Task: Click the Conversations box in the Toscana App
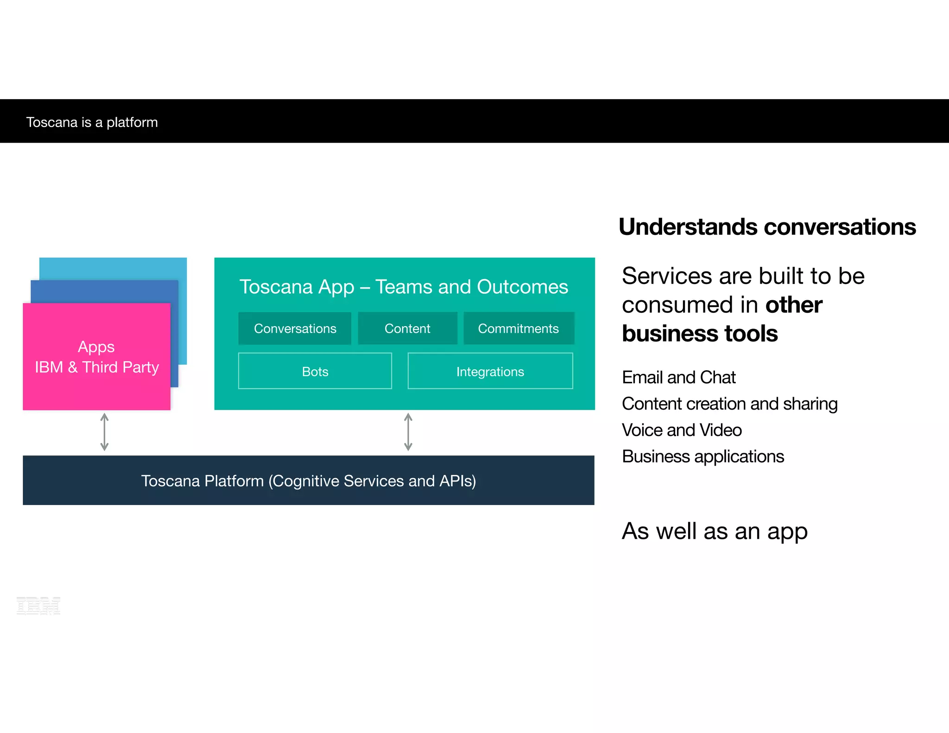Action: [295, 329]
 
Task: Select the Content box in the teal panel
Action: [407, 329]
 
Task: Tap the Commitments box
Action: [519, 329]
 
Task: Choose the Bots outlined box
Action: [315, 371]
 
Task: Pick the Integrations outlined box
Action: [490, 371]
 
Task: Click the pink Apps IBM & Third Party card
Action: [96, 357]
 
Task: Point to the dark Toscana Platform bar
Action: [309, 480]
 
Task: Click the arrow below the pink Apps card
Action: [105, 432]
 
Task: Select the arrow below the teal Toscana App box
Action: [408, 432]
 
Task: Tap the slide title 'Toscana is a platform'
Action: [92, 122]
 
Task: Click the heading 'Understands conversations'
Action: [767, 227]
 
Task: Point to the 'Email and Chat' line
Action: [679, 378]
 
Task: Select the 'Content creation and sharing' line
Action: [730, 404]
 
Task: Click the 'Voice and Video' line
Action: [682, 430]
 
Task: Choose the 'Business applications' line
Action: [703, 457]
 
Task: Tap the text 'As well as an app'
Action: [715, 531]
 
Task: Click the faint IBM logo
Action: [38, 606]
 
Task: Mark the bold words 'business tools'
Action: [700, 334]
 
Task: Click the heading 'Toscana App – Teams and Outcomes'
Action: [404, 287]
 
